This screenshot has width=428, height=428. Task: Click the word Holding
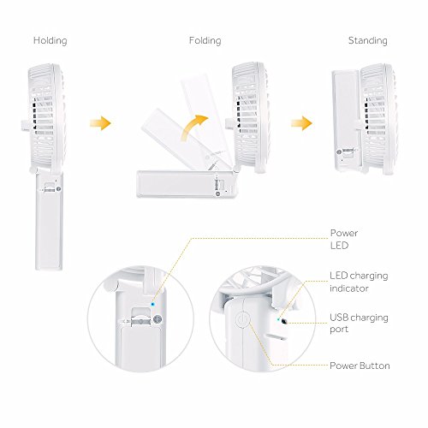click(x=50, y=40)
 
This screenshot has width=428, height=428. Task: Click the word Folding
click(x=205, y=40)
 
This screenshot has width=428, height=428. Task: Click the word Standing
click(x=367, y=40)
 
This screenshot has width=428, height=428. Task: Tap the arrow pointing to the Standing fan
click(x=299, y=125)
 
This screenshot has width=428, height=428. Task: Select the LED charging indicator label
click(x=353, y=281)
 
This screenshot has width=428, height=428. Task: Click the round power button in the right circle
click(x=242, y=321)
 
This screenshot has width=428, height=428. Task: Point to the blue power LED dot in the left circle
click(x=152, y=302)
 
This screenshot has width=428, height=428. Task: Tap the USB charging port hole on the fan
click(x=282, y=324)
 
